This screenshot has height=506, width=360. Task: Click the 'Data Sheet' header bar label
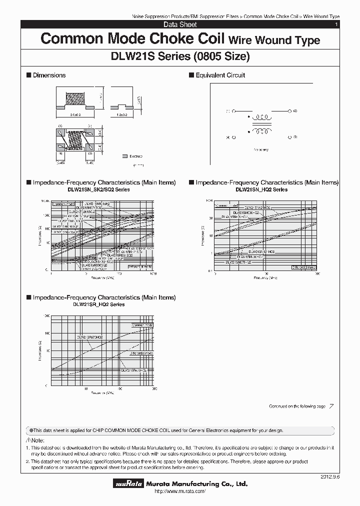pyautogui.click(x=180, y=24)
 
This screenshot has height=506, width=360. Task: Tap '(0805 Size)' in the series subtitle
pyautogui.click(x=220, y=56)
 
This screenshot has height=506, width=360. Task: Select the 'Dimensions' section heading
pyautogui.click(x=49, y=75)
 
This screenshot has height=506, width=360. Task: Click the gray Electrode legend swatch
pyautogui.click(x=124, y=156)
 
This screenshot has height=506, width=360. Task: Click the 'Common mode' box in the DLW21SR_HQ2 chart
pyautogui.click(x=142, y=325)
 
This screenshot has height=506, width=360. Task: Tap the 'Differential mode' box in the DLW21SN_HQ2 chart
pyautogui.click(x=304, y=267)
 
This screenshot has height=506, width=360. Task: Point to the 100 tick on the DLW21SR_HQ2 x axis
pyautogui.click(x=120, y=388)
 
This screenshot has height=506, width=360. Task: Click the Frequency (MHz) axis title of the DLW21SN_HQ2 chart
pyautogui.click(x=266, y=278)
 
